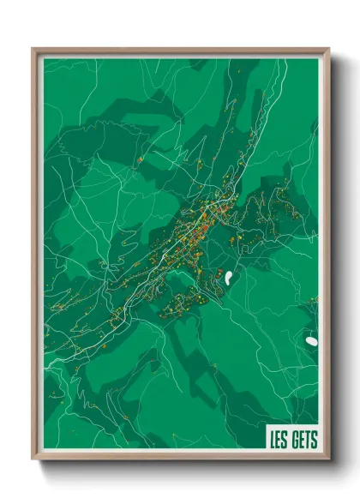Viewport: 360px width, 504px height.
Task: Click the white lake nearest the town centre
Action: [x=230, y=278]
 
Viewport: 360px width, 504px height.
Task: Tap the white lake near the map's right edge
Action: [x=310, y=341]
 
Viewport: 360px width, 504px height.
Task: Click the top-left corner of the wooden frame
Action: [x=33, y=50]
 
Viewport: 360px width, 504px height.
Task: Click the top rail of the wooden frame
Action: [x=180, y=50]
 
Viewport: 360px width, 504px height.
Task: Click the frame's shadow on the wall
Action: [x=335, y=257]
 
